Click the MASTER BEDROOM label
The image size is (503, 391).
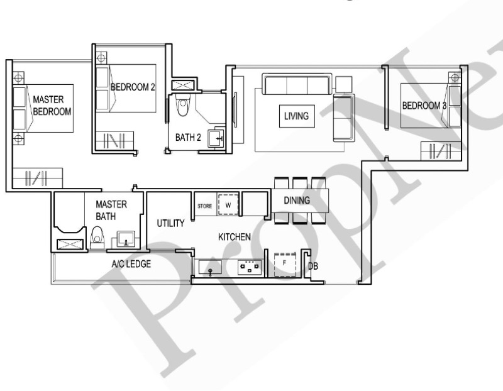52,105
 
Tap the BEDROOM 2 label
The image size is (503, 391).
133,87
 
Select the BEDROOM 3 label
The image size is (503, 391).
424,106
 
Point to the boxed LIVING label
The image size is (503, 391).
296,116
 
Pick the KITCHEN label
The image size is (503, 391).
235,237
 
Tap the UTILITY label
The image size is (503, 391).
170,223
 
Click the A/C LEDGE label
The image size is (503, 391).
131,264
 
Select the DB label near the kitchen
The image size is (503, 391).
313,267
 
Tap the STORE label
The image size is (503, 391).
204,205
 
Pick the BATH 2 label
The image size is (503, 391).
188,138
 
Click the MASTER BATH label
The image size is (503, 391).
111,211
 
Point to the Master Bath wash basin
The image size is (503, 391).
126,240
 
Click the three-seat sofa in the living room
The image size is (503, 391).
297,85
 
